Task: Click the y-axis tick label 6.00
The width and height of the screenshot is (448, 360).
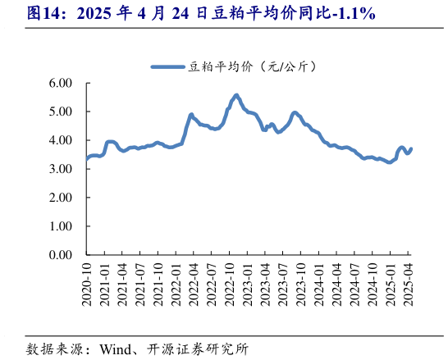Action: pos(61,83)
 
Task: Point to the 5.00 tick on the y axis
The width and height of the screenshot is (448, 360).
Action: pos(61,112)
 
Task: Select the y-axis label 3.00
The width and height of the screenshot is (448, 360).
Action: pos(61,169)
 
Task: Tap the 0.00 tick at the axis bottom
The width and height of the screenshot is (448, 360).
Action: pos(61,255)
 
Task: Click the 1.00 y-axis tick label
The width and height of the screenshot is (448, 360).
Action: pos(61,226)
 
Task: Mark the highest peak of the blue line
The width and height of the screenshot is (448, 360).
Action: pos(236,95)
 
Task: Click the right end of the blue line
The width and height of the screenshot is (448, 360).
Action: pos(411,148)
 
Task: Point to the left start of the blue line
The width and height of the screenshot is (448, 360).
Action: pos(86,159)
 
